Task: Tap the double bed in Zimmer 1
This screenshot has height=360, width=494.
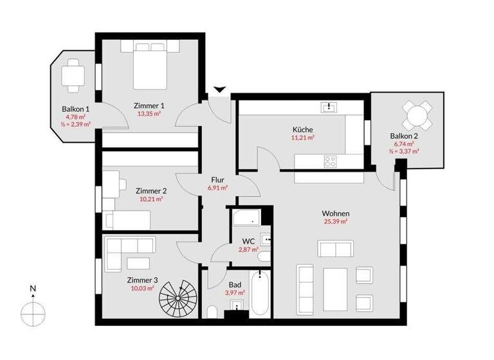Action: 151,65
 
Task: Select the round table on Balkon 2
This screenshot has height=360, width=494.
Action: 417,116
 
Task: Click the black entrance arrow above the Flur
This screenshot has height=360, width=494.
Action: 221,90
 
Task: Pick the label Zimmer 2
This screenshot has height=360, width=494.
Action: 151,191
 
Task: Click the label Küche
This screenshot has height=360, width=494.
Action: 302,129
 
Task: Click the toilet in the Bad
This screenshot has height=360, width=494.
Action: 212,314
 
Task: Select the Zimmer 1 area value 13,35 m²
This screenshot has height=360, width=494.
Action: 149,113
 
